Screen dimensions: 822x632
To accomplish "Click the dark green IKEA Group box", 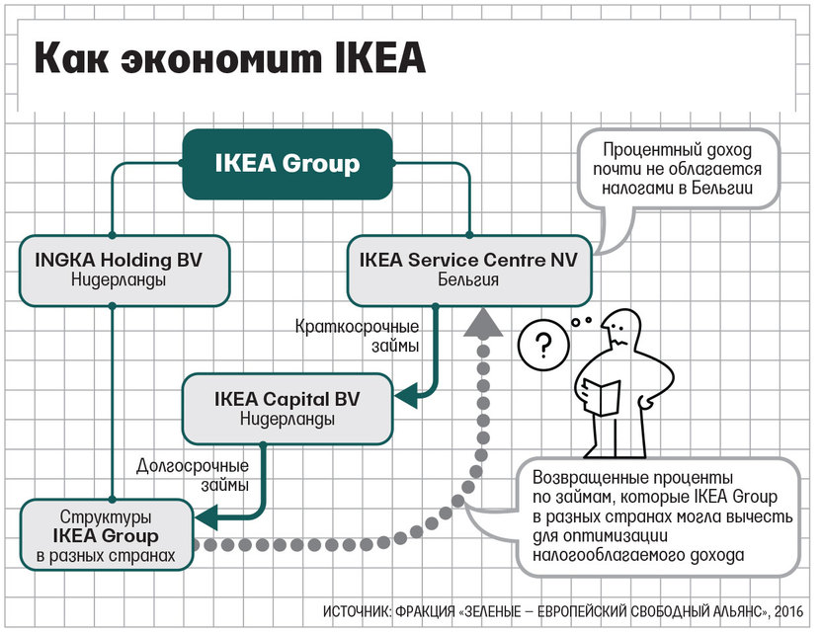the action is pos(288,164).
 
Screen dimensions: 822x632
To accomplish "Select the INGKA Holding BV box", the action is pos(124,271).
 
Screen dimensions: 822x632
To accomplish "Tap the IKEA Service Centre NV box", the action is pos(469,271).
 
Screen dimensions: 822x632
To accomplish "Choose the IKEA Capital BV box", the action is pos(288,409).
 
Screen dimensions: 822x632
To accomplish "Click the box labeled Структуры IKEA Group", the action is pos(107,535).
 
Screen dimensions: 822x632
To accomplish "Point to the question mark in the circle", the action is pos(543,346).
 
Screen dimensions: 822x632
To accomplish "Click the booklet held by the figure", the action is pos(602,397).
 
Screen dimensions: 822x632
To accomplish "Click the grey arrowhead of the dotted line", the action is pos(483,322).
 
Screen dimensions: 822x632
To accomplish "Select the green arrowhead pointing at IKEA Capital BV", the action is pos(406,395).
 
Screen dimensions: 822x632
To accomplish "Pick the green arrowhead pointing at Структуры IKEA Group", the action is pos(206,518).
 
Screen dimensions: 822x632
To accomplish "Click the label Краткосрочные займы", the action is pos(357,336).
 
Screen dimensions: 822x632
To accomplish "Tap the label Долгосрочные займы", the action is pos(193,475).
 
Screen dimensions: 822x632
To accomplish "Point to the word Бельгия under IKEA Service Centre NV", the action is pos(468,279).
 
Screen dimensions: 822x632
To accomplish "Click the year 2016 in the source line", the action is pos(788,611).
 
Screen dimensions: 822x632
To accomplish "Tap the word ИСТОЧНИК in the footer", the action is pos(357,611).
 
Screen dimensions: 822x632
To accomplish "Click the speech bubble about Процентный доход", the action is pos(678,170).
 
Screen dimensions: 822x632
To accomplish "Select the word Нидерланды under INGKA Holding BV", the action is pos(119,279).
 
